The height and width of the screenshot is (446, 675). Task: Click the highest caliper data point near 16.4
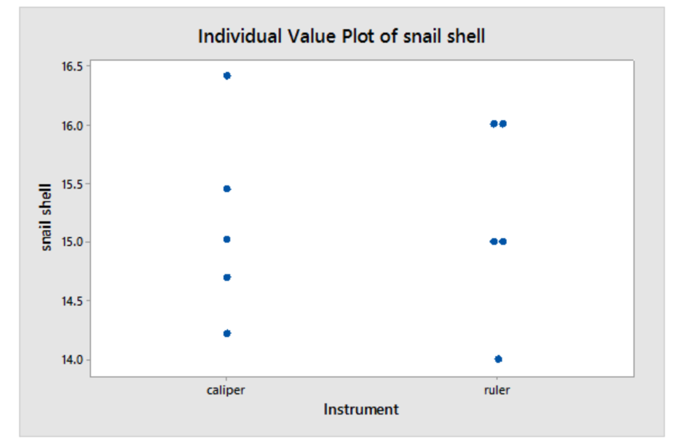coord(227,76)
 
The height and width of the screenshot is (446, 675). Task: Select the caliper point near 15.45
coord(227,189)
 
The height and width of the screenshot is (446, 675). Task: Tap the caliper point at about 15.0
coord(227,239)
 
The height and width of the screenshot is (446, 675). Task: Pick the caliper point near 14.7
coord(227,277)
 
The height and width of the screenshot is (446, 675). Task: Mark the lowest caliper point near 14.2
coord(227,333)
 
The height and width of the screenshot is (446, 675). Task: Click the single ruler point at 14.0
coord(498,359)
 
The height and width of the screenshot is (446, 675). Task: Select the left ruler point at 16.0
coord(494,123)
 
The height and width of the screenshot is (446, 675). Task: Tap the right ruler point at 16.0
coord(503,123)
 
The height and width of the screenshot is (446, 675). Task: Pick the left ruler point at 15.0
coord(494,241)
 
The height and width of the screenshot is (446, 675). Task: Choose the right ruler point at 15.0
coord(503,241)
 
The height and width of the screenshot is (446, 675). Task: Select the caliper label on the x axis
coord(226,390)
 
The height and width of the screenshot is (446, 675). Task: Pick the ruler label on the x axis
coord(498,390)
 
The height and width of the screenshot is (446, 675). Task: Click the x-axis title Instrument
coord(361,410)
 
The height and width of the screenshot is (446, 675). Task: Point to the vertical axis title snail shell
coord(46,218)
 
